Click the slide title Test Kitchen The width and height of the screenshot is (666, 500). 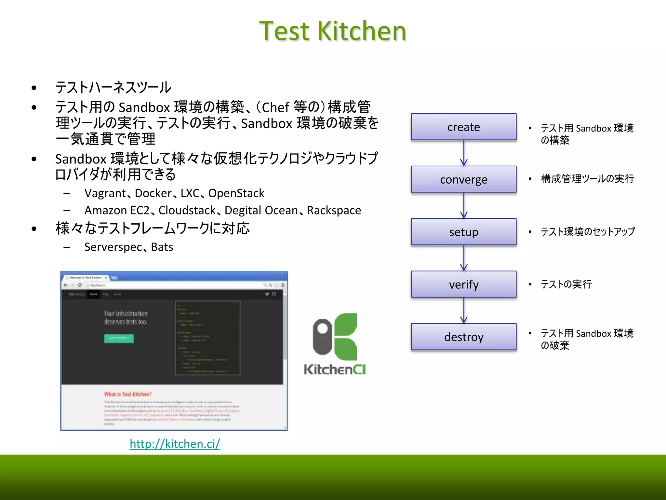pyautogui.click(x=333, y=31)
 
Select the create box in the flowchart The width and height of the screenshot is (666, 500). pyautogui.click(x=463, y=127)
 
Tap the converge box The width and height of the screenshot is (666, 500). pyautogui.click(x=463, y=179)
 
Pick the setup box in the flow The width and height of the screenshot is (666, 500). pyautogui.click(x=463, y=232)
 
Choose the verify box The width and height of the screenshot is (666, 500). pyautogui.click(x=463, y=284)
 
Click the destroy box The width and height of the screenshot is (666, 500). pyautogui.click(x=463, y=337)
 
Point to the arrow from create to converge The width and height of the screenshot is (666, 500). pyautogui.click(x=464, y=153)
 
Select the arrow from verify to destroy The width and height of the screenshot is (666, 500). pyautogui.click(x=464, y=310)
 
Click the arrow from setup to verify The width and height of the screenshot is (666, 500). pyautogui.click(x=464, y=258)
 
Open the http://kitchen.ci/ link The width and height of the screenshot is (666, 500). pyautogui.click(x=175, y=444)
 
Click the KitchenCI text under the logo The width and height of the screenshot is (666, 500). pyautogui.click(x=335, y=369)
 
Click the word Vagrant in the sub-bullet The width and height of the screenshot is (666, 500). pyautogui.click(x=105, y=193)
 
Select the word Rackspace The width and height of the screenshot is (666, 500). pyautogui.click(x=334, y=211)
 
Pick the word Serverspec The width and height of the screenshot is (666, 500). pyautogui.click(x=113, y=247)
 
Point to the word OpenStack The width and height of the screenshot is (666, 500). pyautogui.click(x=236, y=193)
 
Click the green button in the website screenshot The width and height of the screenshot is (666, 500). pyautogui.click(x=119, y=338)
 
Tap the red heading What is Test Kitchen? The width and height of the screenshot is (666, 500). pyautogui.click(x=128, y=394)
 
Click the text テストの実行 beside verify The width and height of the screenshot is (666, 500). pyautogui.click(x=566, y=284)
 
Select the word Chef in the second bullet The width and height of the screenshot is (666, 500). pyautogui.click(x=275, y=107)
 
